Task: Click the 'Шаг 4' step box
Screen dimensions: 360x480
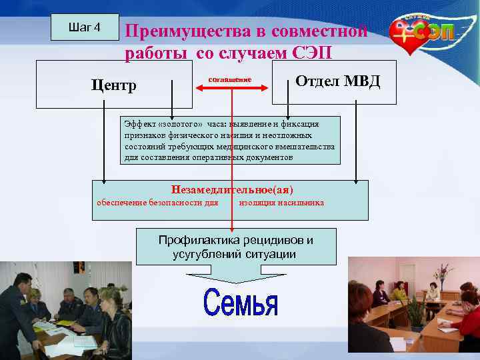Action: click(x=85, y=27)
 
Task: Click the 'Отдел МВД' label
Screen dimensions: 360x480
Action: click(x=337, y=81)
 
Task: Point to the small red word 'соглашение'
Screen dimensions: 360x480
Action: click(x=230, y=79)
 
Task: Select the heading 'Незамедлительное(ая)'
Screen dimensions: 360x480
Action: click(x=232, y=189)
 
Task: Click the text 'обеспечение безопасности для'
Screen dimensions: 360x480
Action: click(x=158, y=202)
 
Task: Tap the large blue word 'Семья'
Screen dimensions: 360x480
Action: click(x=240, y=303)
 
